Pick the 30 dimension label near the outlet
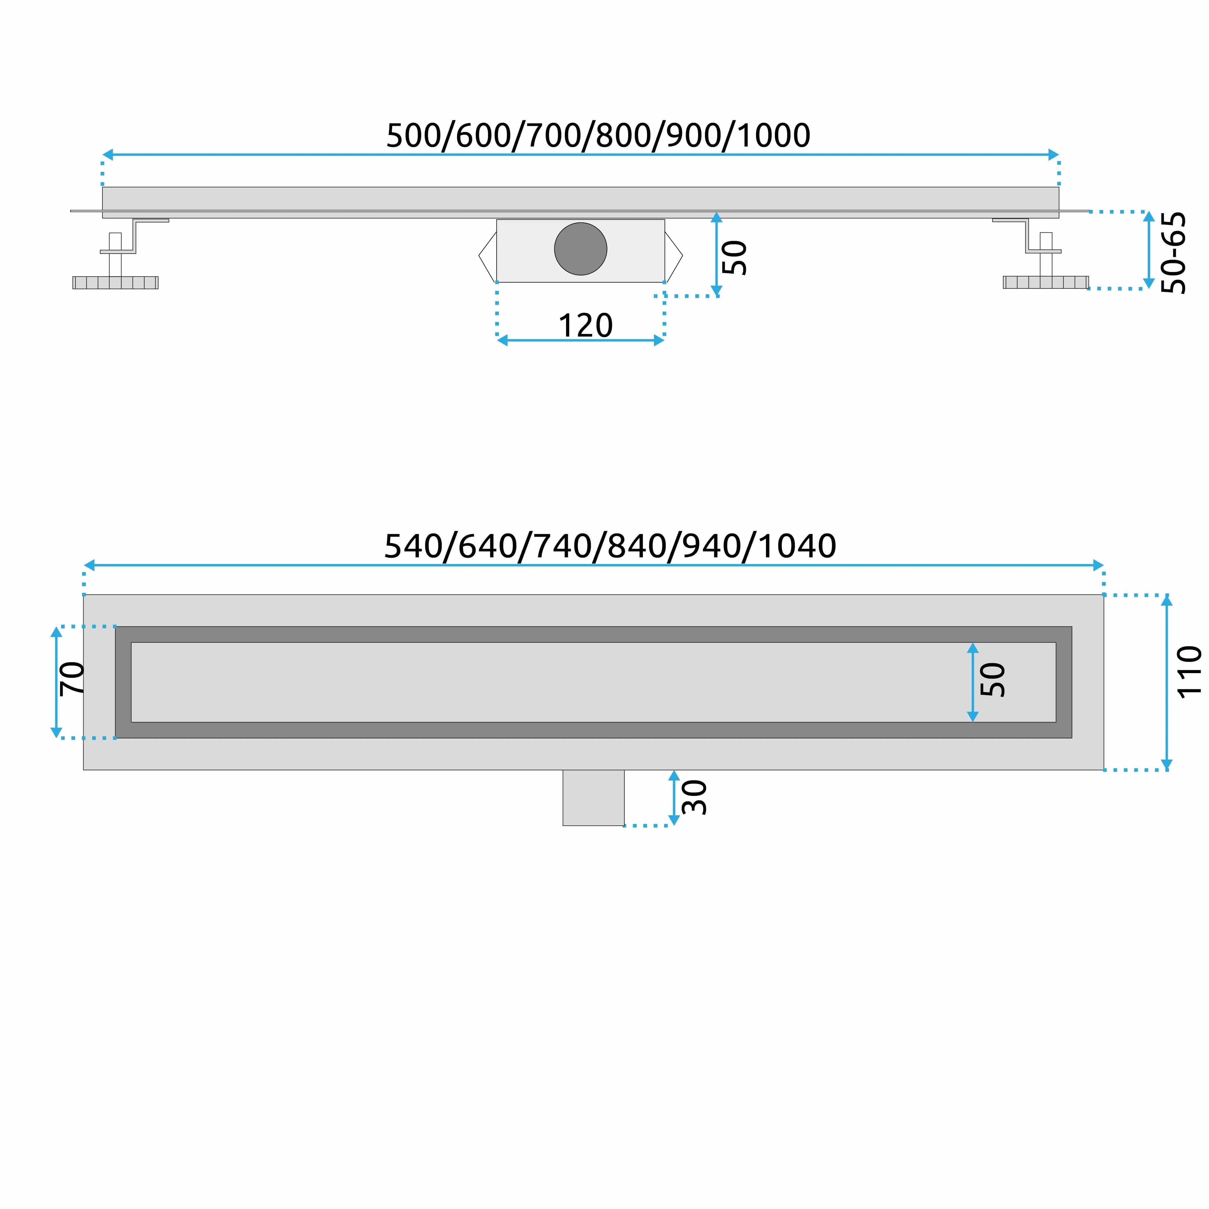(694, 797)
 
